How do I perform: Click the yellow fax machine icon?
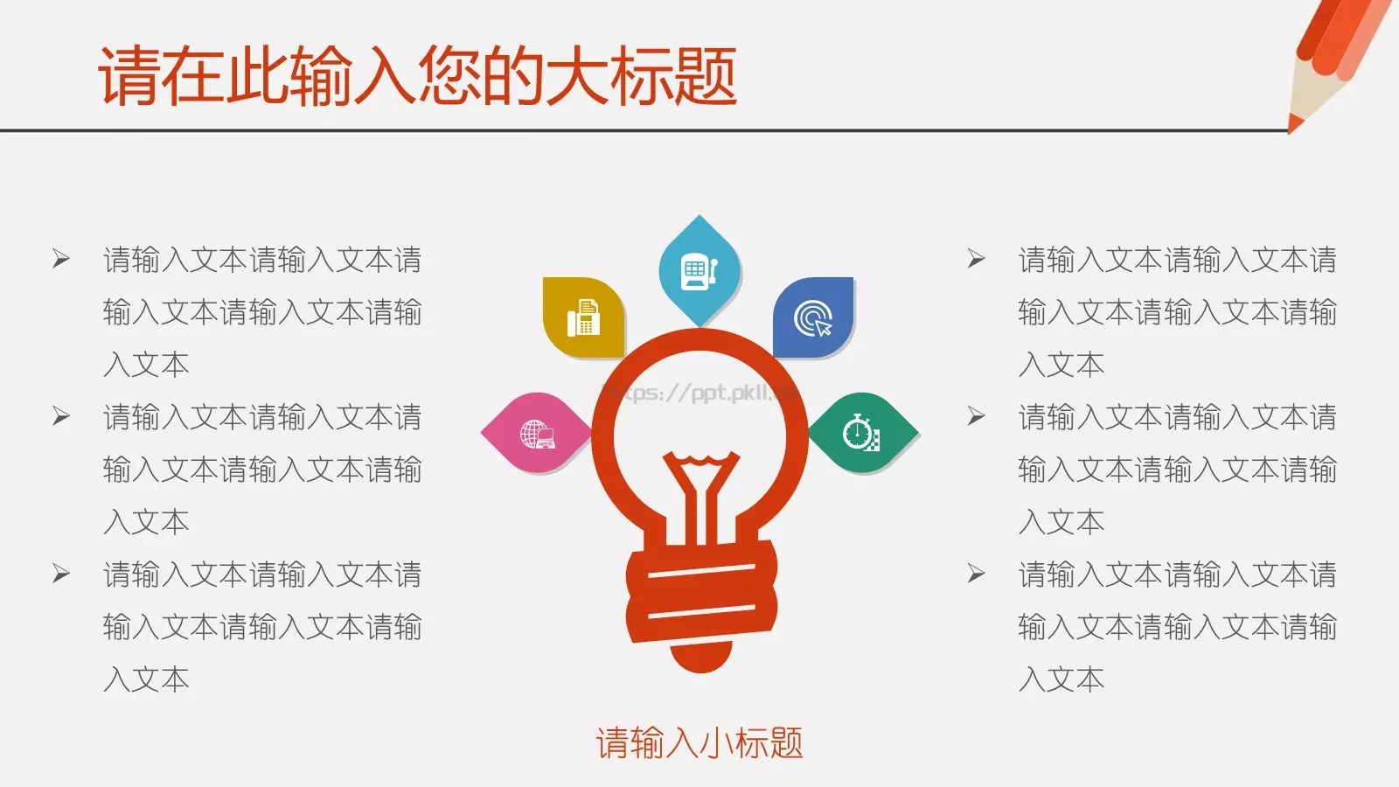(x=583, y=317)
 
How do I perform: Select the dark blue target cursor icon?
(x=813, y=318)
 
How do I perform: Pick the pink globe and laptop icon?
(x=537, y=433)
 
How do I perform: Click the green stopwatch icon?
(x=861, y=433)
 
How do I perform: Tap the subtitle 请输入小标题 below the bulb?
(x=699, y=743)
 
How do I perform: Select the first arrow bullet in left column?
(x=61, y=259)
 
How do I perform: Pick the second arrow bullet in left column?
(x=61, y=416)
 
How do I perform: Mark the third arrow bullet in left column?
(x=61, y=574)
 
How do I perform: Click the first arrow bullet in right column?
(x=977, y=259)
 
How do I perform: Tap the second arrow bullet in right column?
(x=977, y=416)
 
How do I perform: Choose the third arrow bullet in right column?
(x=977, y=574)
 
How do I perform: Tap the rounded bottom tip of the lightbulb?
(x=700, y=660)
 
